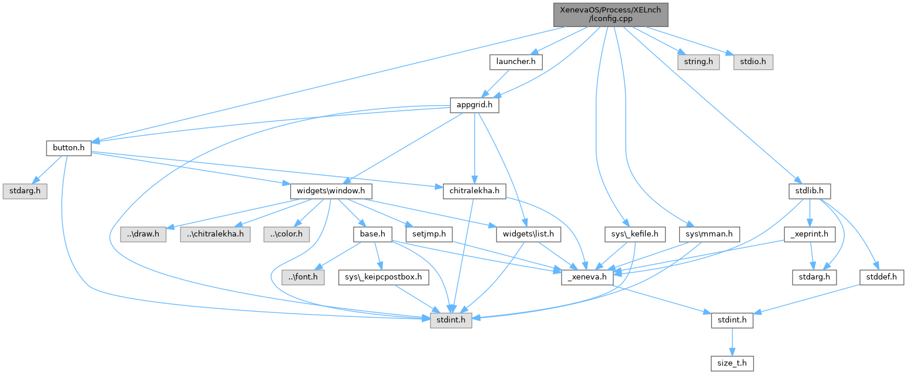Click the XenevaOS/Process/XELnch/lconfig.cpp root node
[x=611, y=14]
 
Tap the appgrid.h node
[x=474, y=106]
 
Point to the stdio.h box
[x=753, y=61]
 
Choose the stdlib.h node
[x=809, y=191]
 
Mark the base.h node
[x=372, y=234]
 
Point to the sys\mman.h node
[x=709, y=234]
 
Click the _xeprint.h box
[x=809, y=234]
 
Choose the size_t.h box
[x=732, y=363]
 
